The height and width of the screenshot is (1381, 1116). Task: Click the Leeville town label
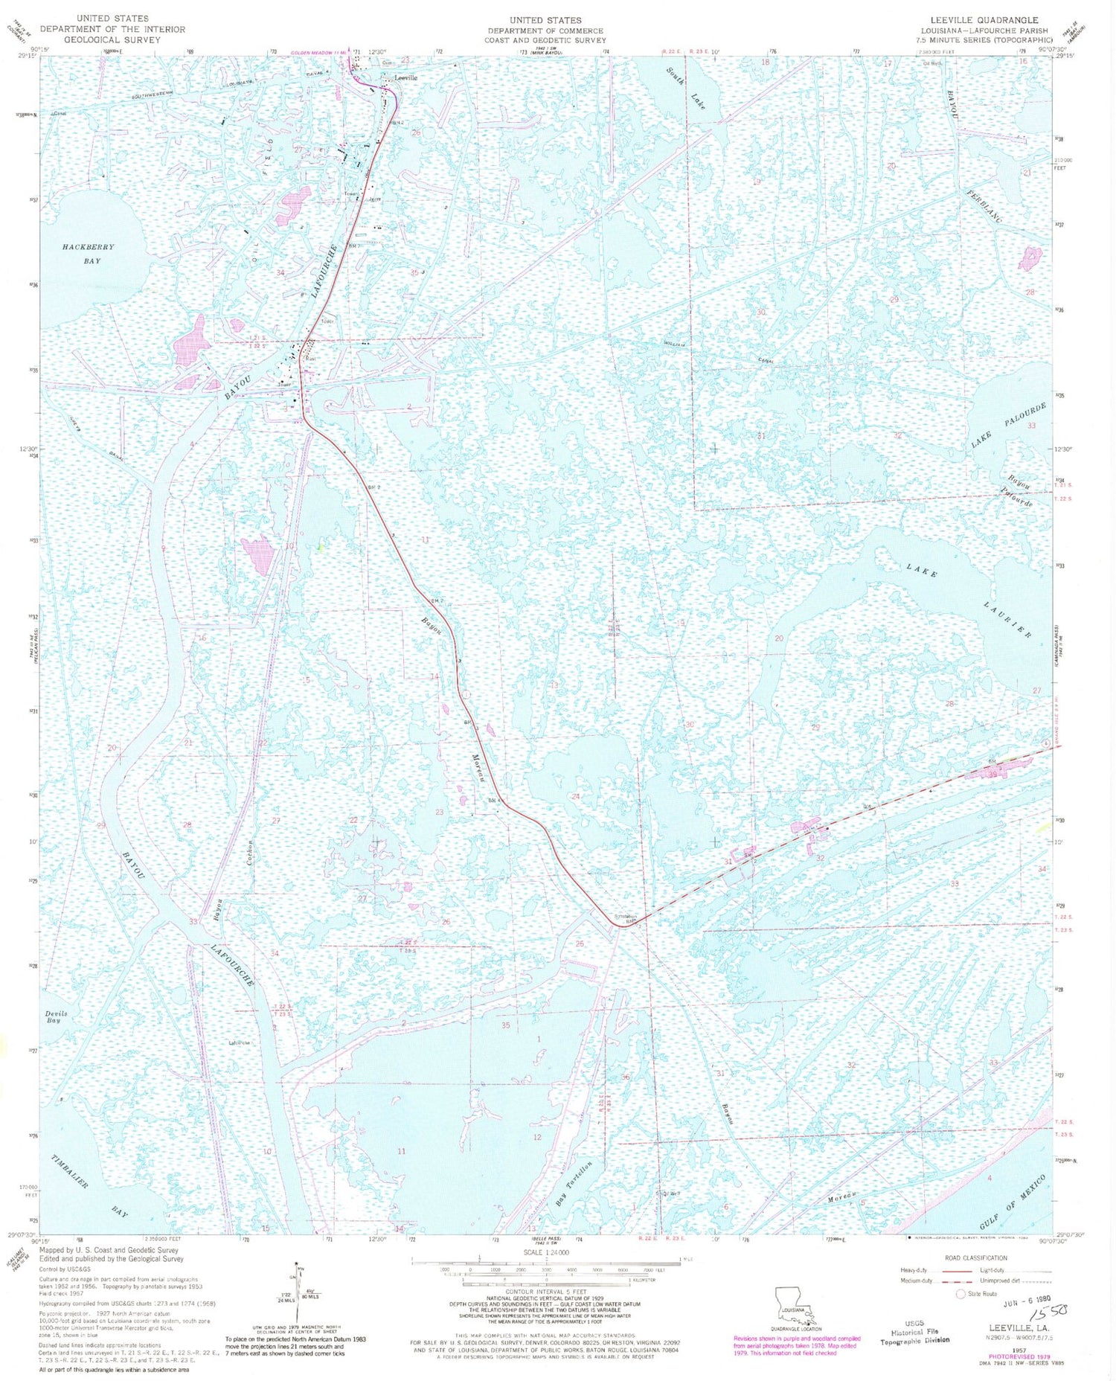pos(406,77)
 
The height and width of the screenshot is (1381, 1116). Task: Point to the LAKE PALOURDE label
pos(1008,425)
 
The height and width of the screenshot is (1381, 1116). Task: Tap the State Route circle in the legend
pos(961,1293)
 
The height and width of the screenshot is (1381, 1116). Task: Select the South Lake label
pos(685,86)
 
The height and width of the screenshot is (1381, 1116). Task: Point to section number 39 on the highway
pos(992,775)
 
